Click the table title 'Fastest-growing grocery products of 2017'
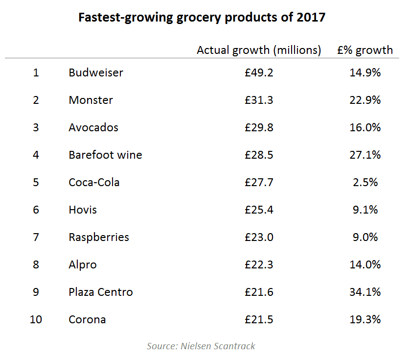tap(202, 18)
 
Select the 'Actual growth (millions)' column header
tap(259, 50)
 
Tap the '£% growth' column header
tap(365, 50)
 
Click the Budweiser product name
tap(96, 73)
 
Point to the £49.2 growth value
tap(259, 73)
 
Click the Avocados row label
tap(93, 128)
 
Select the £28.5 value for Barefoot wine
tap(259, 155)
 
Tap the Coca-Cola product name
tap(94, 183)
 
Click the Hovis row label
tap(83, 210)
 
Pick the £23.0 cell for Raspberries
tap(259, 238)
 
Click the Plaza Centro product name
tap(101, 292)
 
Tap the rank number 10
tap(36, 320)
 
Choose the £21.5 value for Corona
tap(259, 320)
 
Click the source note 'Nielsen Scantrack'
tap(201, 346)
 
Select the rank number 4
tap(36, 155)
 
